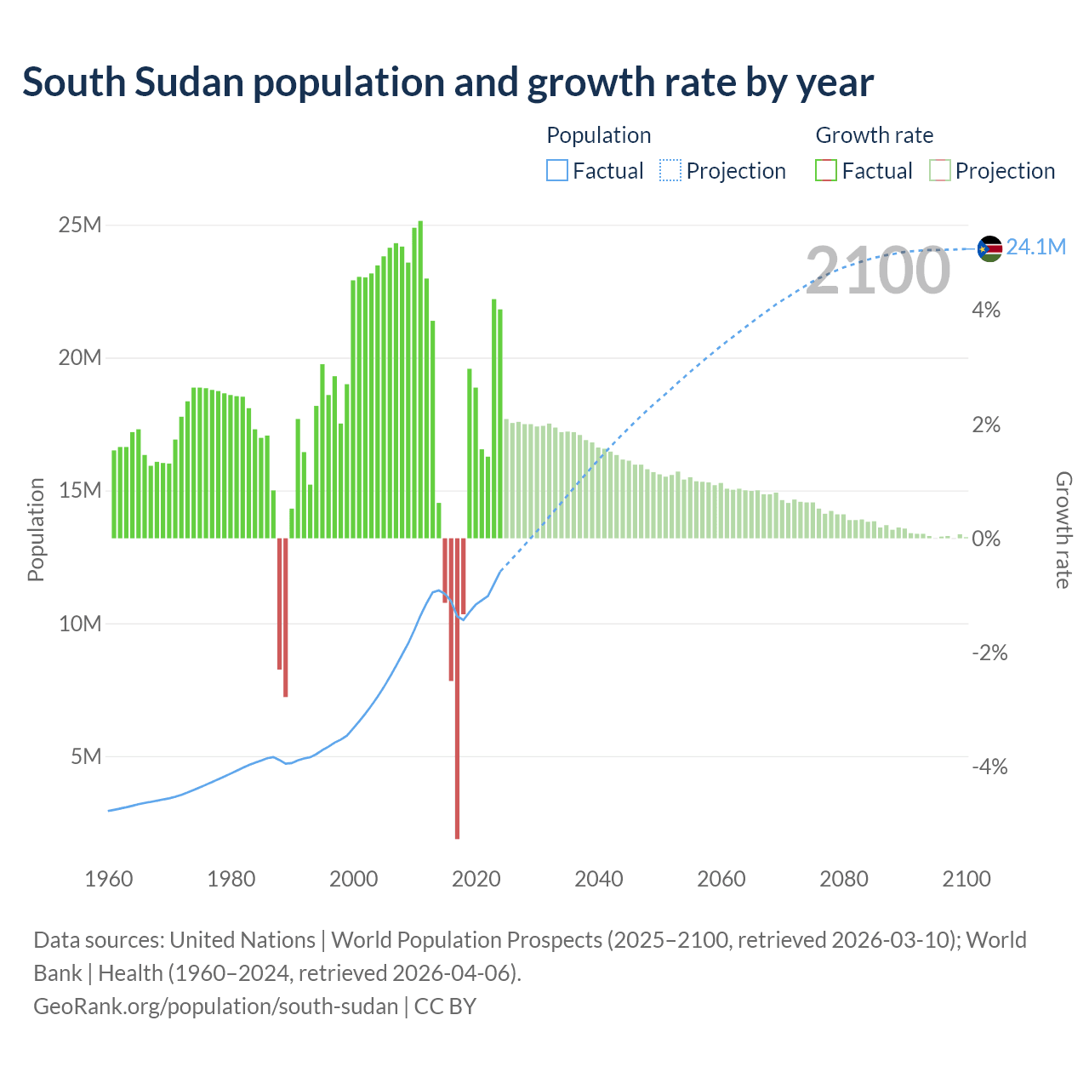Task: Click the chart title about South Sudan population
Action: pyautogui.click(x=448, y=83)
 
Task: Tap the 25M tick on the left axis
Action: pyautogui.click(x=80, y=225)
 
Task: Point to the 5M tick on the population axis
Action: pyautogui.click(x=86, y=756)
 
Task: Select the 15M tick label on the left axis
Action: pyautogui.click(x=80, y=491)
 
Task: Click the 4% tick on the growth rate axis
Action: pyautogui.click(x=986, y=311)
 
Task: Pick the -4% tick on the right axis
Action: pyautogui.click(x=989, y=767)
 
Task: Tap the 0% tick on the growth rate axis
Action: pyautogui.click(x=986, y=539)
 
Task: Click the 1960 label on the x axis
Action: pyautogui.click(x=109, y=879)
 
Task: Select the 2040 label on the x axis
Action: pyautogui.click(x=599, y=879)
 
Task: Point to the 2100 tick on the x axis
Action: pyautogui.click(x=966, y=879)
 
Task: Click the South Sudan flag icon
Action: pyautogui.click(x=989, y=248)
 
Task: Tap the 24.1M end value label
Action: pyautogui.click(x=1035, y=248)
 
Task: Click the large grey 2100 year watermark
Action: pyautogui.click(x=877, y=271)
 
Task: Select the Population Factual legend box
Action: pyautogui.click(x=557, y=171)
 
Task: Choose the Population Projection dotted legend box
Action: pyautogui.click(x=670, y=171)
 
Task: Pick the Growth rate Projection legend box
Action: pyautogui.click(x=940, y=171)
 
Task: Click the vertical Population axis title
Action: pyautogui.click(x=36, y=529)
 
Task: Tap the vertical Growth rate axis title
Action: pyautogui.click(x=1063, y=529)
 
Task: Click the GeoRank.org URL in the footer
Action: pyautogui.click(x=216, y=1006)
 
